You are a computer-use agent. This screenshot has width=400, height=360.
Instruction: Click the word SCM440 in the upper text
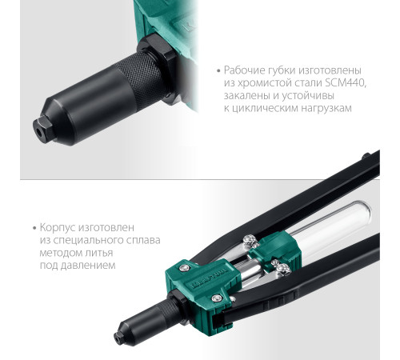[x=346, y=83]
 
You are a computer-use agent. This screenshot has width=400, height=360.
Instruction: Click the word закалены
[x=247, y=95]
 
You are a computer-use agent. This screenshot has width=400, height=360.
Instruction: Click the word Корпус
[x=58, y=228]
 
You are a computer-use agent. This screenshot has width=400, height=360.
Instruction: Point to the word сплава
[x=143, y=240]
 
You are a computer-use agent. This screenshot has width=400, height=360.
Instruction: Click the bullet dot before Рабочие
[x=219, y=71]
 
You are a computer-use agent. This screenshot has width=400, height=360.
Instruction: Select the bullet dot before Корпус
[x=34, y=228]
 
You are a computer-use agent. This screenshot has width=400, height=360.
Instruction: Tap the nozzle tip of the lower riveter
[x=118, y=337]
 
